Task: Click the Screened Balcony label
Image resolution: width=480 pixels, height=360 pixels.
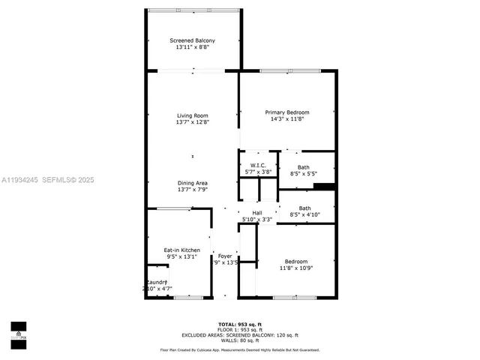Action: (x=192, y=40)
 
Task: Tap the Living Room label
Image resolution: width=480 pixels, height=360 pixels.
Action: (x=192, y=115)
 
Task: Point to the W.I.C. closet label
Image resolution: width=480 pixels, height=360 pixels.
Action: (x=258, y=166)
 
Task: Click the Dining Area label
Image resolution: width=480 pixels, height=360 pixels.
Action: (x=192, y=183)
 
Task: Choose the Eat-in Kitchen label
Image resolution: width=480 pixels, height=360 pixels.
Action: (x=181, y=250)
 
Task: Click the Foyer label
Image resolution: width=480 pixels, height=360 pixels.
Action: (x=225, y=256)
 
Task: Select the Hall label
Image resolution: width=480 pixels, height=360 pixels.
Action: (x=257, y=213)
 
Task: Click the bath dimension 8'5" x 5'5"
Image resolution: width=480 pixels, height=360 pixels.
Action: (x=303, y=174)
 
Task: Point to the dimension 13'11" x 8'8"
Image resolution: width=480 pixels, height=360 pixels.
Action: (x=192, y=47)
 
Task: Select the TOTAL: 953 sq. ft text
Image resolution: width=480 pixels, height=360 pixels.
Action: (x=239, y=324)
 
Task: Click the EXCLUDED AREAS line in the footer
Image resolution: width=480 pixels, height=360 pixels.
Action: (x=239, y=334)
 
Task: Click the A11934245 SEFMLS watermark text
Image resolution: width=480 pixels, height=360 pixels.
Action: (x=47, y=180)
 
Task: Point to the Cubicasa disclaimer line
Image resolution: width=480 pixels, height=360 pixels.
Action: (x=239, y=349)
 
